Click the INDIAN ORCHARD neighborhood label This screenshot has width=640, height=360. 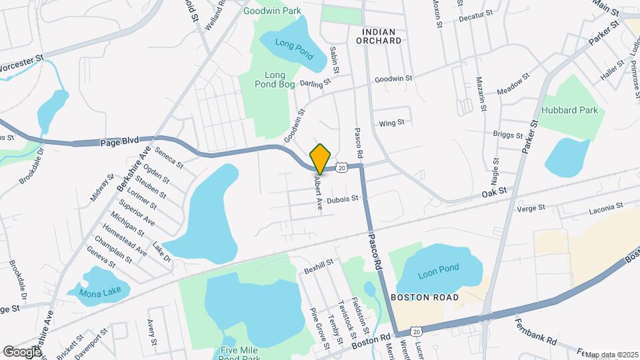point(382,36)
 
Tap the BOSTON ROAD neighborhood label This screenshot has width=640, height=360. point(425,297)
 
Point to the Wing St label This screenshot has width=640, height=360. point(391,123)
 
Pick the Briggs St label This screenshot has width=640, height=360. point(508,135)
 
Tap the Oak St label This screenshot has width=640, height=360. point(495,191)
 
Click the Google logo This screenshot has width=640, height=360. point(22,351)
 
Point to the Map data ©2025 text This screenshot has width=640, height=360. point(611,355)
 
